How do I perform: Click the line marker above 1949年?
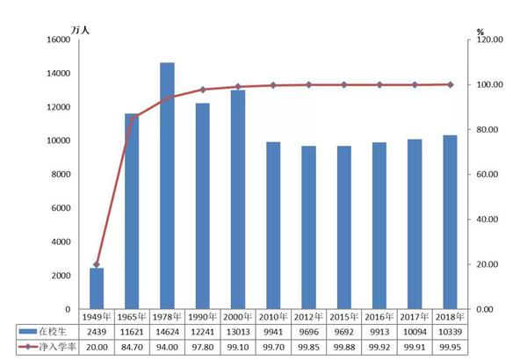(96, 264)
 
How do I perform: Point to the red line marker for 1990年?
(202, 90)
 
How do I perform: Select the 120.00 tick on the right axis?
(488, 40)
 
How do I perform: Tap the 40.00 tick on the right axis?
(488, 220)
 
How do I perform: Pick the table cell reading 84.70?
(132, 349)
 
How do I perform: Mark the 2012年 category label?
(308, 317)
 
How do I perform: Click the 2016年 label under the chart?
(379, 317)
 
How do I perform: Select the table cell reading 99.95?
(450, 349)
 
